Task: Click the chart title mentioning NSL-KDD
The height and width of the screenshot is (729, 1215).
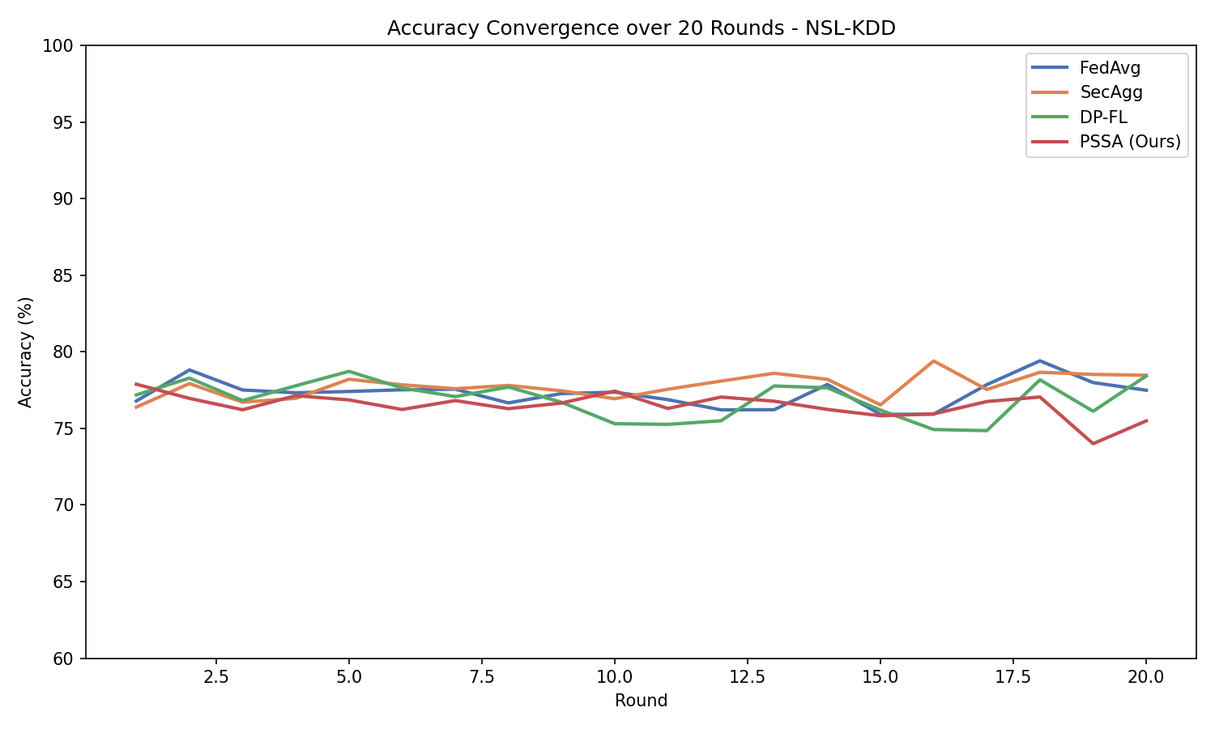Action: [641, 28]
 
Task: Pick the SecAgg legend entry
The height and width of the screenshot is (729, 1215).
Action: [1111, 92]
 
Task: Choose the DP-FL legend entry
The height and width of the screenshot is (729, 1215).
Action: [1103, 117]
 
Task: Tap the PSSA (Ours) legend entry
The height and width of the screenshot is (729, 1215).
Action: [1130, 142]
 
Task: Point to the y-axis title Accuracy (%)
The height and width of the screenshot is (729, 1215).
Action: [26, 352]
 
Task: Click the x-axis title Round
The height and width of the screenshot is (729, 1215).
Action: [641, 701]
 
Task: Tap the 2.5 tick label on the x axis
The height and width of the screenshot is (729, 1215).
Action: [215, 677]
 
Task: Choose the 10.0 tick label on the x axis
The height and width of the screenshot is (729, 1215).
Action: [614, 677]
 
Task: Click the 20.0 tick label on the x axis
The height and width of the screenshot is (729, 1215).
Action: [1146, 677]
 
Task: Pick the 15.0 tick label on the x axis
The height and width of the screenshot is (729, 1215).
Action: [880, 677]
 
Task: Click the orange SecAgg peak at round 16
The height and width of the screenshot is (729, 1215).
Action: [933, 360]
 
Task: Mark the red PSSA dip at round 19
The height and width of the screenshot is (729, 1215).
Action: [1093, 443]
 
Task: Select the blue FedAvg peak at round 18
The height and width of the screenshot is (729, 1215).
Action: [1039, 360]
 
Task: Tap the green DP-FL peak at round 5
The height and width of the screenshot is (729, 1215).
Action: [348, 371]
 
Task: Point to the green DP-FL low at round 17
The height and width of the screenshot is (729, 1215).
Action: [987, 430]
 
